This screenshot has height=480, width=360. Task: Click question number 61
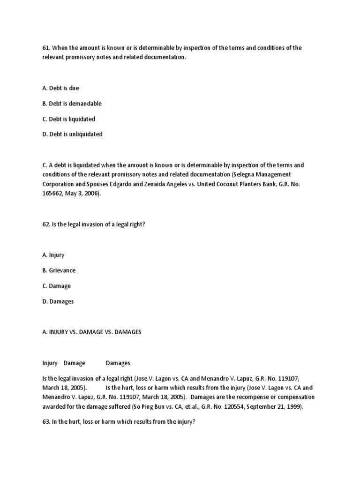[x=45, y=48]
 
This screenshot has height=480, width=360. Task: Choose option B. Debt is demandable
[x=71, y=104]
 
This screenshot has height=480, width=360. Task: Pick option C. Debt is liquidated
[x=68, y=119]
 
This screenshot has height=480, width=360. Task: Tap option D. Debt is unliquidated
[x=72, y=135]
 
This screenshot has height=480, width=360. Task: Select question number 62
[x=45, y=225]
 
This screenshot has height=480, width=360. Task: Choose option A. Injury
[x=53, y=255]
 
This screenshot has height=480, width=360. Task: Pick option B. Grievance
[x=59, y=271]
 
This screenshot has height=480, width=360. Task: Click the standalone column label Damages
[x=118, y=363]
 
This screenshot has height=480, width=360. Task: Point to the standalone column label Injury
[x=50, y=363]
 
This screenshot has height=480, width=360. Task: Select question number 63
[x=45, y=421]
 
